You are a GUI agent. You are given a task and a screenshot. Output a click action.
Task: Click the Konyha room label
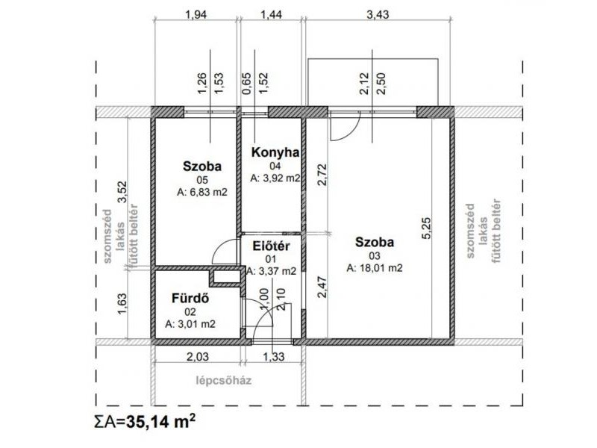(275, 152)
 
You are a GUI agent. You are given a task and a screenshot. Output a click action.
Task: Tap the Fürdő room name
(190, 298)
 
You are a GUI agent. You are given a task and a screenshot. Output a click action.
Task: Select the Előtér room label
(271, 246)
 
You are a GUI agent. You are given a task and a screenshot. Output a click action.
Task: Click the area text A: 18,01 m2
(375, 268)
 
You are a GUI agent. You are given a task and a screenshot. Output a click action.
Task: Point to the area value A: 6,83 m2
(201, 193)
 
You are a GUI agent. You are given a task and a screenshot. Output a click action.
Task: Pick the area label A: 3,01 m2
(190, 324)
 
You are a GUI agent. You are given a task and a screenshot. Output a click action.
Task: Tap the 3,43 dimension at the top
(378, 14)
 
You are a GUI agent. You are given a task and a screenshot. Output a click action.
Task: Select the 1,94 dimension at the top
(196, 14)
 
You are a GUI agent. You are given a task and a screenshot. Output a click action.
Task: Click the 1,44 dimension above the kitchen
(271, 14)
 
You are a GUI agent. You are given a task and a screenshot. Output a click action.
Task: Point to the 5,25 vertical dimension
(426, 228)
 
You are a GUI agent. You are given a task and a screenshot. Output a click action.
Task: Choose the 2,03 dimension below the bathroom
(197, 357)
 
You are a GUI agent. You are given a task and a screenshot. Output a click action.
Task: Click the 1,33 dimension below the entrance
(273, 357)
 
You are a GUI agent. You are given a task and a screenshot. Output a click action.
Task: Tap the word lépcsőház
(224, 381)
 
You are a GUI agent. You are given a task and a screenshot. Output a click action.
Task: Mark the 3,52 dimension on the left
(122, 193)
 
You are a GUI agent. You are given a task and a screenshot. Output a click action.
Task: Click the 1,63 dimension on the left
(122, 304)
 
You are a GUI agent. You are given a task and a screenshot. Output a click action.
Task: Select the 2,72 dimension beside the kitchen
(322, 175)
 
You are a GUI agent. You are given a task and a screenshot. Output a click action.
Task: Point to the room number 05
(201, 180)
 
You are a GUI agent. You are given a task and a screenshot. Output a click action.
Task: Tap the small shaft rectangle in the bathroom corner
(226, 277)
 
